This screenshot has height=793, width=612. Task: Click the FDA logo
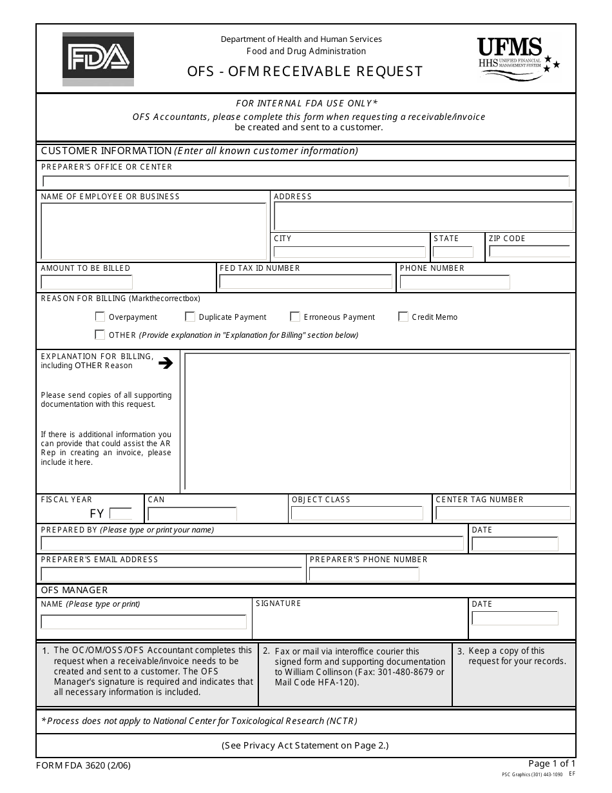coord(98,59)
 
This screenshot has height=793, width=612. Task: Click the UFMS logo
coord(519,57)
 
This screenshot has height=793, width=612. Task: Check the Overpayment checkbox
coord(100,317)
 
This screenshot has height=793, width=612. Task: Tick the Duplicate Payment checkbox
coord(190,317)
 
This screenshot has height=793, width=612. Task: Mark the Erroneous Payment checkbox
coord(295,317)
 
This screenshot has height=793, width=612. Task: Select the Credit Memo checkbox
coord(403,317)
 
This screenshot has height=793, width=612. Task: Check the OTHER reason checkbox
coord(100,335)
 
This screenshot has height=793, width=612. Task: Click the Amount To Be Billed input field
coord(87,282)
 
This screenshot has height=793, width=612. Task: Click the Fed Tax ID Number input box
coord(305,282)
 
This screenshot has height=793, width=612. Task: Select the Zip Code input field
coord(529,251)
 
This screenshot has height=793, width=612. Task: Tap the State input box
coord(454,252)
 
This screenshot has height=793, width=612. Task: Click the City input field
coord(350,252)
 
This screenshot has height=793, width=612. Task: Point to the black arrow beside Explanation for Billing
coord(166,363)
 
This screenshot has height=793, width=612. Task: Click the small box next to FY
coord(120,514)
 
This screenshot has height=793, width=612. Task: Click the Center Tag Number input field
coord(502,513)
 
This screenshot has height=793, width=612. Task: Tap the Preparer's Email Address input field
coord(171,574)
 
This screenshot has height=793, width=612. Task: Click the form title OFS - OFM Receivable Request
coord(305,71)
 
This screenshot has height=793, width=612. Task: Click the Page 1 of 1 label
coord(551,763)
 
